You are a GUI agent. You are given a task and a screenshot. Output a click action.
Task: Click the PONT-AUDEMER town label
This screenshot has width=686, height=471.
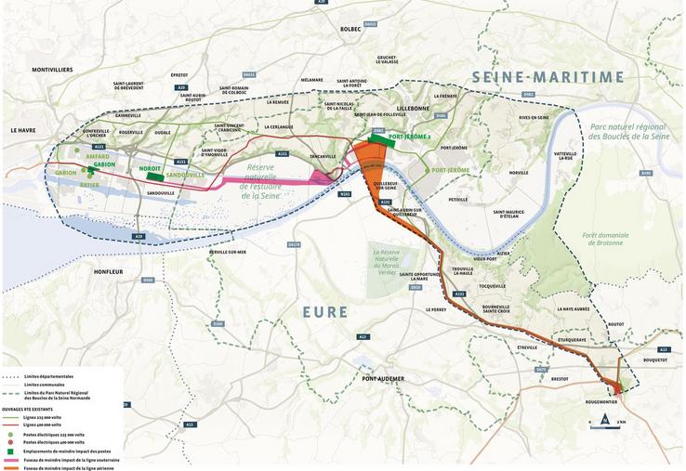[x=383, y=379]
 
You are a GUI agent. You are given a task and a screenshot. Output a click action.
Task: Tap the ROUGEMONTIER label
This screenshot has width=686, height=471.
[x=602, y=400]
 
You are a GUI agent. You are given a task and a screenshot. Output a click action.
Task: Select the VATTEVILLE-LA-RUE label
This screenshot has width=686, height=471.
[x=566, y=155]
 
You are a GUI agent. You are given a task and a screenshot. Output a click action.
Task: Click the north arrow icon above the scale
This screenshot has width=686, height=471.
[x=605, y=418]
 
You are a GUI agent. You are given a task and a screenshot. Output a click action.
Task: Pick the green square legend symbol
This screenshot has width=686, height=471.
[x=7, y=451]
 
